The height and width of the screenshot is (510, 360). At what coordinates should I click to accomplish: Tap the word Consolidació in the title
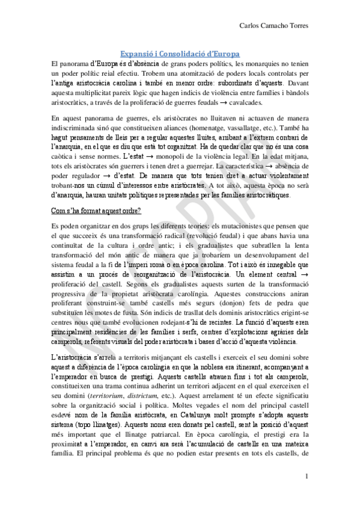(x=181, y=54)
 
